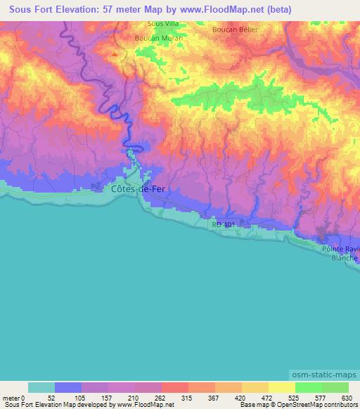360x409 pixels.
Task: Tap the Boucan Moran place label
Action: tap(158, 38)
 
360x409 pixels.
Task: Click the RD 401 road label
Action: tap(224, 223)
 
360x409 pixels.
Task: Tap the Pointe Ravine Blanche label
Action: tap(340, 253)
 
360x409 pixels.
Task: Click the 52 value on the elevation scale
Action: tap(51, 398)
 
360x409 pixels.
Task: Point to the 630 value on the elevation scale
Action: tap(346, 398)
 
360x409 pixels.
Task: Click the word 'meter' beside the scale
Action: tap(11, 398)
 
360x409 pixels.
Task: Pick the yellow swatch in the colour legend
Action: tap(281, 387)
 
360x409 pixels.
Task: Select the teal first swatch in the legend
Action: tap(41, 387)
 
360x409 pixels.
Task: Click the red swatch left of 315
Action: tap(175, 387)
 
